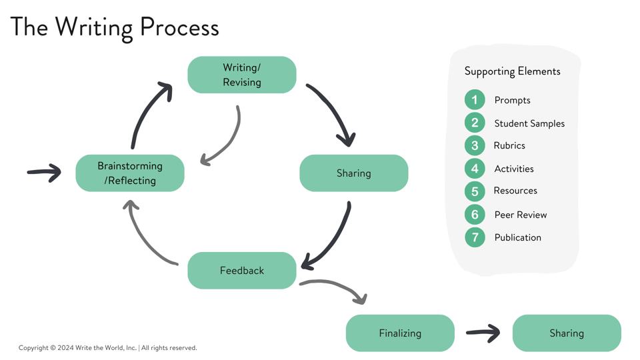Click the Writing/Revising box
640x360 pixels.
coord(242,75)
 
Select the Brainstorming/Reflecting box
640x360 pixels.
coord(130,173)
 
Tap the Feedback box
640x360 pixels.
coord(242,271)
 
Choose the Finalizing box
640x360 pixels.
coord(400,333)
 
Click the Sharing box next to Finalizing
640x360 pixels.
coord(567,333)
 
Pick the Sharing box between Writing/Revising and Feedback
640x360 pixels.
coord(354,173)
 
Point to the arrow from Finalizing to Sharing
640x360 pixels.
coord(483,333)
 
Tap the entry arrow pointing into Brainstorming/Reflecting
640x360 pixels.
coord(44,173)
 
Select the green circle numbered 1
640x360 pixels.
coord(475,100)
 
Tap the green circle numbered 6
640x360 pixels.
coord(475,215)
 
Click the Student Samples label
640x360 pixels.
coord(529,123)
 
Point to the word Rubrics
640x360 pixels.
coord(509,145)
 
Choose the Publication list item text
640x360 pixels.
coord(517,237)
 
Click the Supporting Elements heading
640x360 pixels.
coord(512,71)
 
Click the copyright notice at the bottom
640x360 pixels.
coord(108,347)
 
